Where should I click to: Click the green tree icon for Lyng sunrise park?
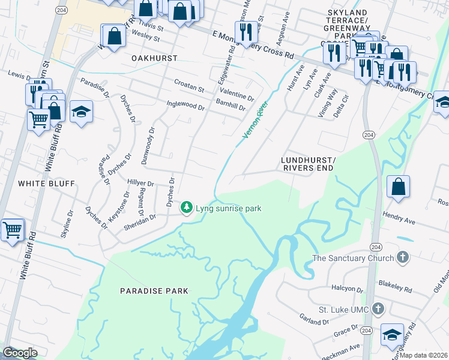[x=187, y=208]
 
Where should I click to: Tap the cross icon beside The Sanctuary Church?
[x=402, y=258]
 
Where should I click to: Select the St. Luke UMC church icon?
[x=378, y=309]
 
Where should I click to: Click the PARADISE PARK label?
[x=154, y=291]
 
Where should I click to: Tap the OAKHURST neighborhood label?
[x=154, y=59]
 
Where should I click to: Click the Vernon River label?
[x=255, y=120]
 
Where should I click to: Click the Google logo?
[x=20, y=352]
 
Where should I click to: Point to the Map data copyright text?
[x=424, y=355]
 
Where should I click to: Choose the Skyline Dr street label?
[x=66, y=224]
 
